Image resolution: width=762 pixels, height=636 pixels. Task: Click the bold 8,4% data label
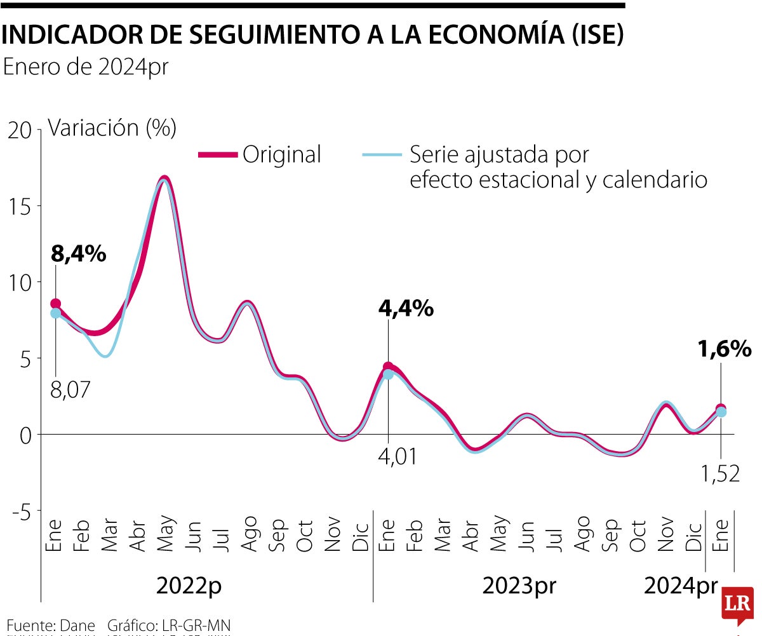click(x=78, y=254)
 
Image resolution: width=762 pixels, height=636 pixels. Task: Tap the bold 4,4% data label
click(x=406, y=309)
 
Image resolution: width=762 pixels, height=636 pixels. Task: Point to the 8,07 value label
click(x=70, y=389)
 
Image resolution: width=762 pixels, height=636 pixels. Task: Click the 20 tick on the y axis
click(x=20, y=130)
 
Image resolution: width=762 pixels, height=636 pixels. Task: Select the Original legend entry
click(x=281, y=154)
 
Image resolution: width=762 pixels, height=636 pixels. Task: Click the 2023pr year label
click(x=519, y=586)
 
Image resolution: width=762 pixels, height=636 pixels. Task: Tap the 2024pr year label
click(x=680, y=586)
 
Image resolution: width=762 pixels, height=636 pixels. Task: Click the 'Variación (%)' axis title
click(x=112, y=128)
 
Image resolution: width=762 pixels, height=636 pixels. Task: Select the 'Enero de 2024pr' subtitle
click(x=86, y=67)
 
